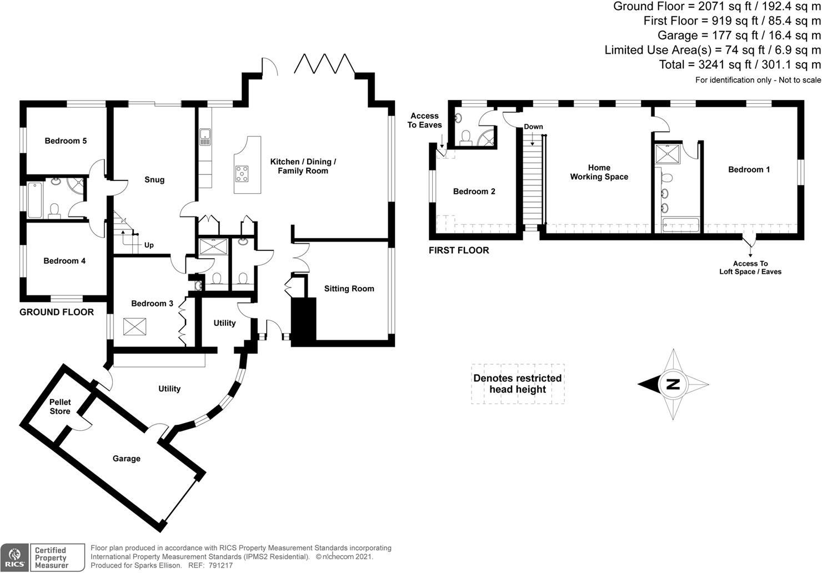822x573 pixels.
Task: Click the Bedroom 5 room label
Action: click(x=66, y=141)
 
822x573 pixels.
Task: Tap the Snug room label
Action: click(x=154, y=180)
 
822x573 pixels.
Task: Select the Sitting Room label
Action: click(x=349, y=289)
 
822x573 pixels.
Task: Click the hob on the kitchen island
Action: click(x=243, y=174)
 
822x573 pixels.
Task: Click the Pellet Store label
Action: click(x=60, y=407)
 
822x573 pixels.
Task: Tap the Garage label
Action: click(x=126, y=459)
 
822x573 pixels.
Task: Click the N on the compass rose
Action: click(x=673, y=384)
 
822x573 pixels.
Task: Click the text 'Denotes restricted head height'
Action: click(x=517, y=384)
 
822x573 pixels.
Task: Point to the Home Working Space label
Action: click(x=599, y=172)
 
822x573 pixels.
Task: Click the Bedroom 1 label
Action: click(x=749, y=170)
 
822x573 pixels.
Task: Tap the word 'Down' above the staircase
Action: click(x=533, y=127)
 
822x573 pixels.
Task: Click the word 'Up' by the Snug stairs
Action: click(x=149, y=245)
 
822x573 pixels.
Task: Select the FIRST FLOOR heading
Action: click(x=459, y=250)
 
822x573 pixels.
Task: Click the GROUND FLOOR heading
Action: click(x=57, y=312)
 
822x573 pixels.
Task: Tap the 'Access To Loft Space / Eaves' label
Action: click(x=750, y=268)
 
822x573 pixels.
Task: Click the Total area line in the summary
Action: click(x=739, y=64)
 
